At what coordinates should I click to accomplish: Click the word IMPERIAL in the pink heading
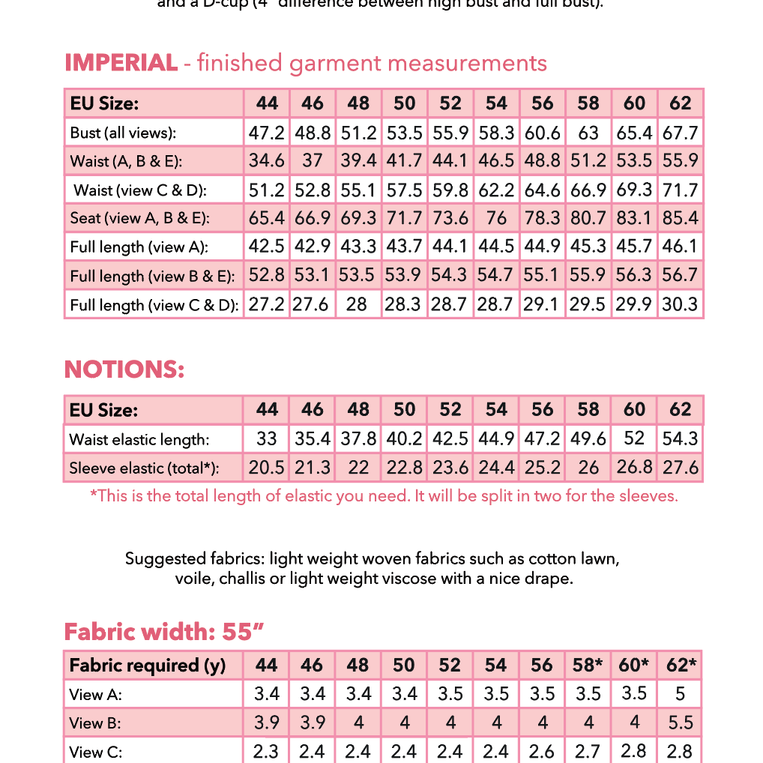pos(121,63)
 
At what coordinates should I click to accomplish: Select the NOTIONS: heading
pos(124,370)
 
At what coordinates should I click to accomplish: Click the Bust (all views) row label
pos(123,133)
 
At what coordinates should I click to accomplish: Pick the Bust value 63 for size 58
pos(588,133)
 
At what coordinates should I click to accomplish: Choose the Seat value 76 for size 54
pos(496,218)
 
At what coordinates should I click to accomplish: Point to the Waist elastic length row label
pos(139,439)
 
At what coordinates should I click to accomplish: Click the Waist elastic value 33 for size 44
pos(267,439)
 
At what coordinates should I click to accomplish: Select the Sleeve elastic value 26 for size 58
pos(588,468)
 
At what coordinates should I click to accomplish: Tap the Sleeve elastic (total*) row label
pos(144,468)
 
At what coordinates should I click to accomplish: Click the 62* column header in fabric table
pos(681,666)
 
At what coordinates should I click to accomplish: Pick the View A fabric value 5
pos(680,694)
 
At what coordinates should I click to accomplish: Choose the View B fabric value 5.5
pos(680,723)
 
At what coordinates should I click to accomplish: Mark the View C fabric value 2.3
pos(266,752)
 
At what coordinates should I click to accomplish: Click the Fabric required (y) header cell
pos(147,666)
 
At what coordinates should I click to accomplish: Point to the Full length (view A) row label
pos(139,247)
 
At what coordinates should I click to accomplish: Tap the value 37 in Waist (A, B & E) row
pos(313,161)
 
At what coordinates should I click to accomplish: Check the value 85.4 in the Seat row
pos(681,218)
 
